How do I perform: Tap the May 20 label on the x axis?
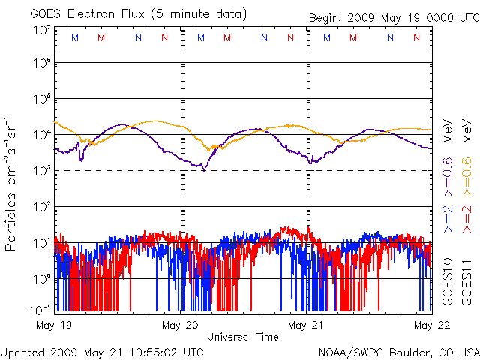(x=180, y=325)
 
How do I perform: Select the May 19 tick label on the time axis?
(x=53, y=325)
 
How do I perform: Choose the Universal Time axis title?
(x=243, y=337)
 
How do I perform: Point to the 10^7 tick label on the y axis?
(x=41, y=30)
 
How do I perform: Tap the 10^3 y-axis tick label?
(x=41, y=171)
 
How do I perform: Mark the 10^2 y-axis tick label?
(x=41, y=206)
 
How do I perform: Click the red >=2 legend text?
(x=466, y=217)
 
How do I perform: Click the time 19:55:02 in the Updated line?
(x=154, y=352)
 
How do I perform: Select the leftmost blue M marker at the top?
(x=73, y=37)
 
